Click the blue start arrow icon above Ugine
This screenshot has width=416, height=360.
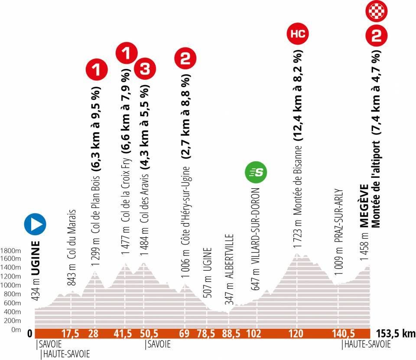tap(35, 224)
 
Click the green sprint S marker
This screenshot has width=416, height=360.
tap(256, 172)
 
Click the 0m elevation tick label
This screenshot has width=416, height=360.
tap(16, 330)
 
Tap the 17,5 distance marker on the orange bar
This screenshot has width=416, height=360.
tap(71, 334)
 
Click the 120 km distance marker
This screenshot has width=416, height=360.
tap(297, 334)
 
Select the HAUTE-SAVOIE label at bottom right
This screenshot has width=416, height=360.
tap(367, 344)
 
